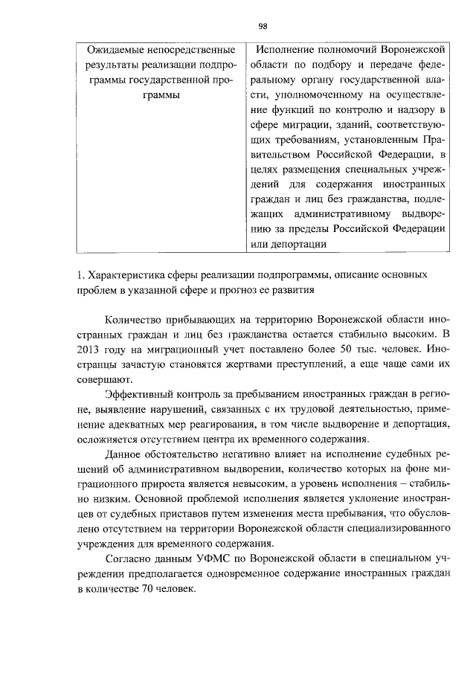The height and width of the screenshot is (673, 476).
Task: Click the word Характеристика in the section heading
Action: click(x=126, y=275)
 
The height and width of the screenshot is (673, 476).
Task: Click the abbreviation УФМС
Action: click(x=216, y=564)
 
